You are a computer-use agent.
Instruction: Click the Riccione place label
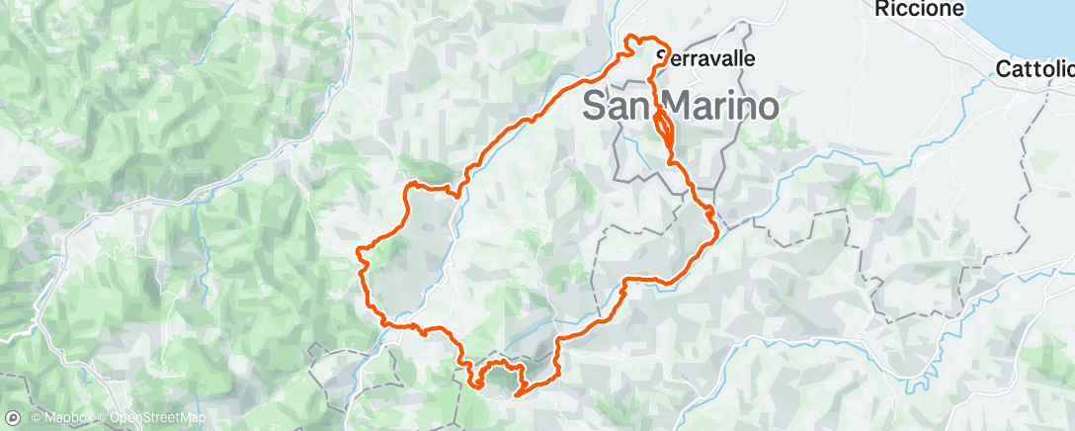919,9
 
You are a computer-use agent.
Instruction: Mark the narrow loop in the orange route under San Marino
664,128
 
